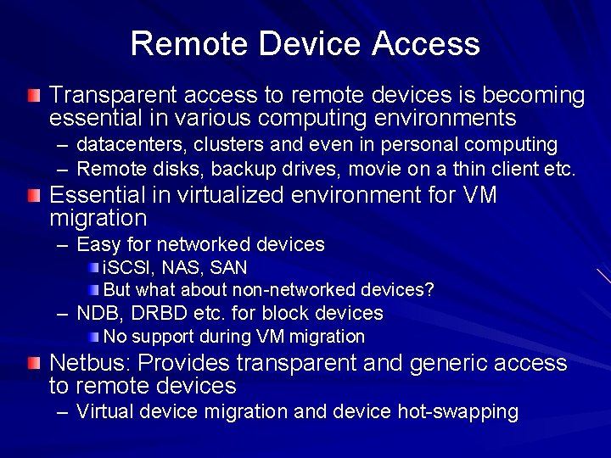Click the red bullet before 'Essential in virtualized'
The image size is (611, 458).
pos(32,197)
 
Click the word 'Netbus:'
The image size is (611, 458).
pos(91,364)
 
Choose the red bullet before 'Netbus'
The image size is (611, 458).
pos(32,364)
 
